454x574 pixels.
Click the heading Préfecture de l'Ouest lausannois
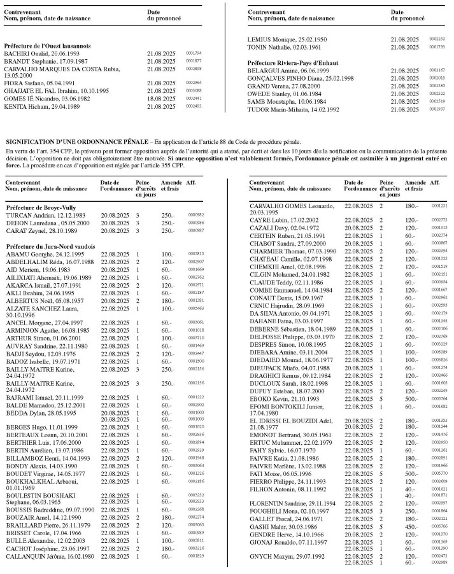[x=47, y=46]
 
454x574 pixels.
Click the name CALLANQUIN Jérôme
[x=50, y=556]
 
